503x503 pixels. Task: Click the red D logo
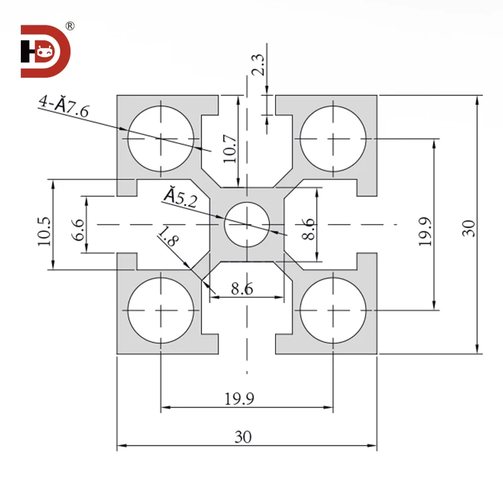44,52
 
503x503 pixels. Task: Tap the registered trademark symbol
70,27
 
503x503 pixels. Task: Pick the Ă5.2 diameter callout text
180,197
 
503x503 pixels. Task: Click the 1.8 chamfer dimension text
167,239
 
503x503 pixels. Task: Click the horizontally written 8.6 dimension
241,288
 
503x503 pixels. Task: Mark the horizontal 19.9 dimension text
239,399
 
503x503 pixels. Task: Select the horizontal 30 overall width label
243,437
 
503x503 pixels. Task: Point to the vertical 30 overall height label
467,228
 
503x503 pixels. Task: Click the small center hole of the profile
247,224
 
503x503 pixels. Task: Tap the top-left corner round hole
161,138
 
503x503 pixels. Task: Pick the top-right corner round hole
333,138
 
